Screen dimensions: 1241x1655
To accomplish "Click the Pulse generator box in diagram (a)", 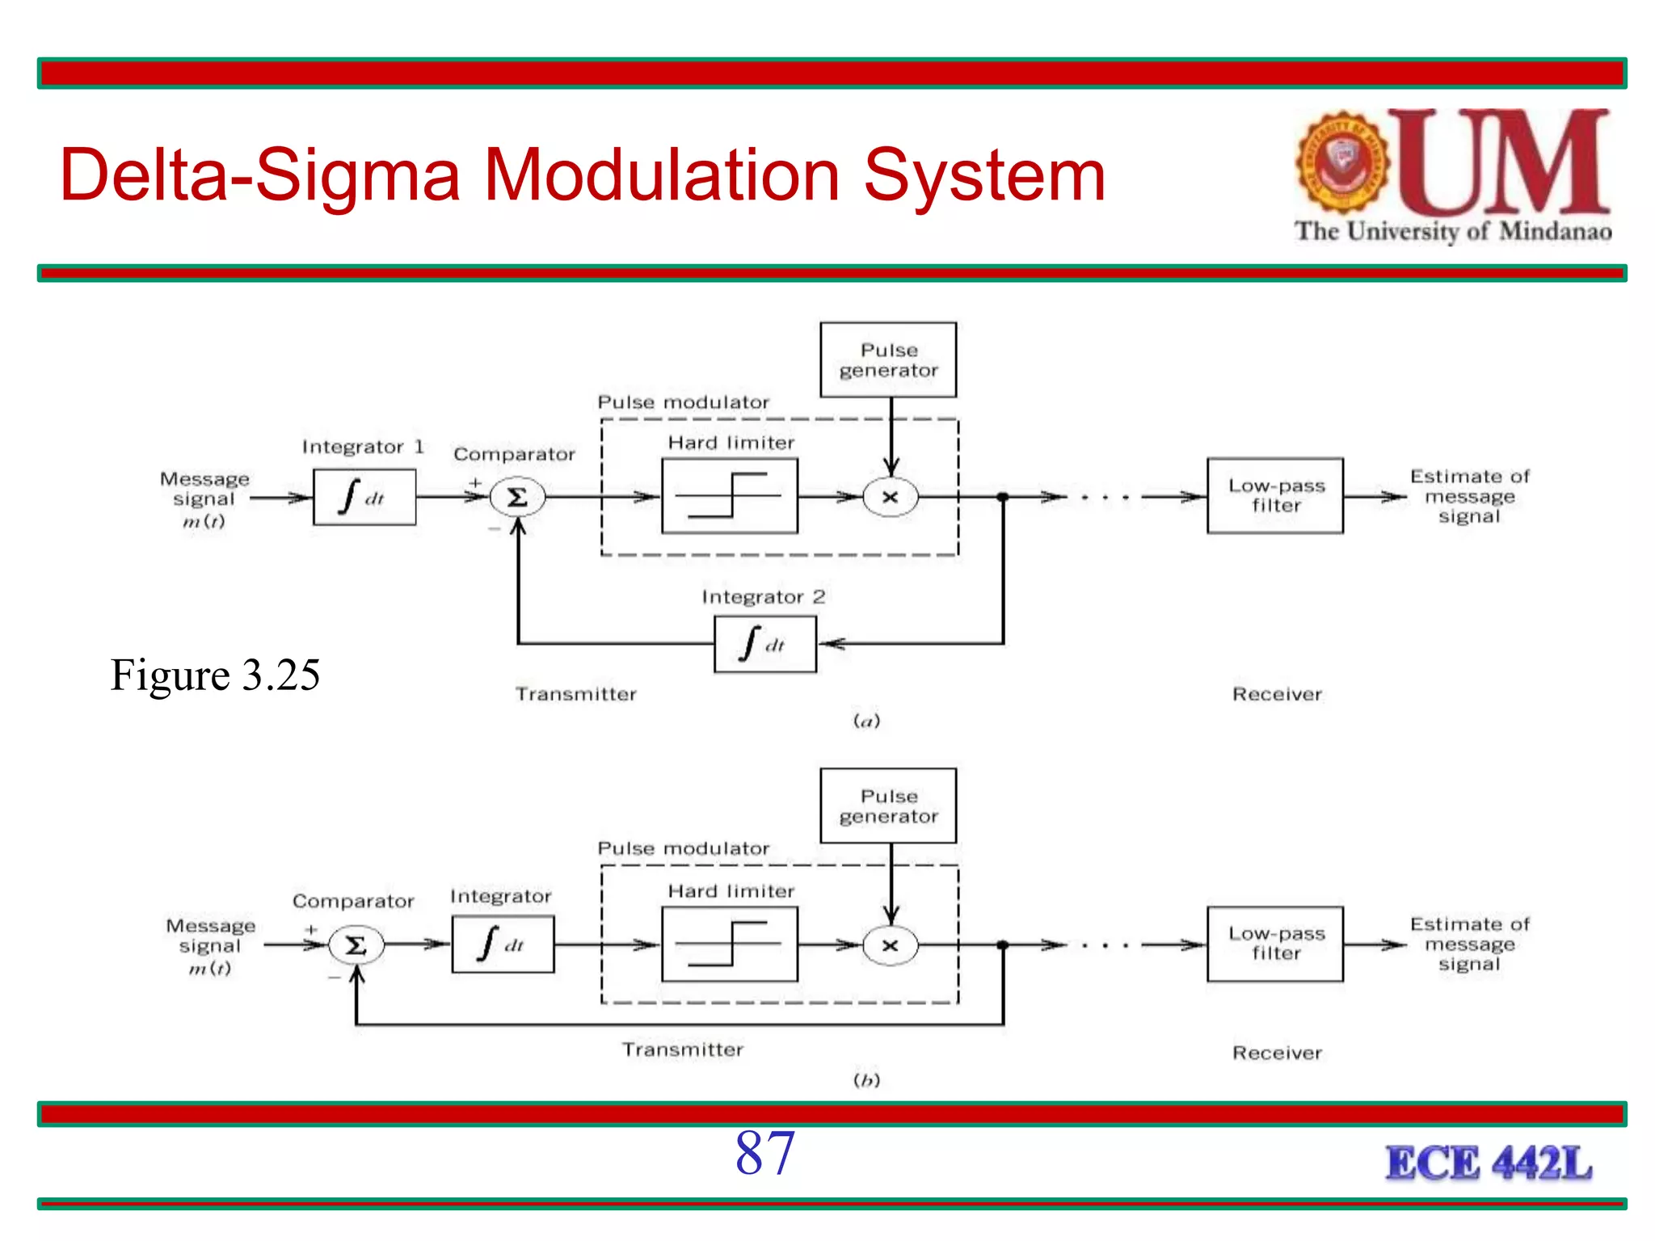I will (888, 360).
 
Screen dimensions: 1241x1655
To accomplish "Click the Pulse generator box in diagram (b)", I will (888, 806).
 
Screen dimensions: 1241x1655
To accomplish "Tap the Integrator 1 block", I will (364, 498).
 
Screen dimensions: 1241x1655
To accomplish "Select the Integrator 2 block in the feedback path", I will (765, 644).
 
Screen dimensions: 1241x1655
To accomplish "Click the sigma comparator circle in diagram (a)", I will (517, 497).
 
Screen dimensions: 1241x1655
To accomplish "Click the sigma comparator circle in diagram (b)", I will (356, 944).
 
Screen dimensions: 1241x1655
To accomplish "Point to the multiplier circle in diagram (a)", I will (891, 497).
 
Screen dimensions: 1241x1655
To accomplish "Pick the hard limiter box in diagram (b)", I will (730, 944).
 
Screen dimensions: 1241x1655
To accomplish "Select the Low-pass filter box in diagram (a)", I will (1275, 496).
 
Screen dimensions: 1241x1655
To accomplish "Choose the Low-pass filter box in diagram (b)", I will (1275, 944).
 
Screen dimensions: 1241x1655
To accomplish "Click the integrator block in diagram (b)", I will (503, 944).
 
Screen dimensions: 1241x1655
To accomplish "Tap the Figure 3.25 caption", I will (215, 675).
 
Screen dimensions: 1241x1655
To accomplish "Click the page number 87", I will (764, 1153).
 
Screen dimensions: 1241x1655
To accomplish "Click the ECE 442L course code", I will (1489, 1163).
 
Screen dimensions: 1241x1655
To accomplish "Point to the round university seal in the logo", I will (1342, 162).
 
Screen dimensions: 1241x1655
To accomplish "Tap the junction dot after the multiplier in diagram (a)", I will (1003, 497).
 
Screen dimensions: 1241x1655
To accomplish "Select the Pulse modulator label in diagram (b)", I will (683, 848).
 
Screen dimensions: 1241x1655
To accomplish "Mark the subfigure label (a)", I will (866, 721).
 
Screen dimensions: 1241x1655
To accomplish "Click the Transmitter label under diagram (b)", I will (683, 1050).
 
